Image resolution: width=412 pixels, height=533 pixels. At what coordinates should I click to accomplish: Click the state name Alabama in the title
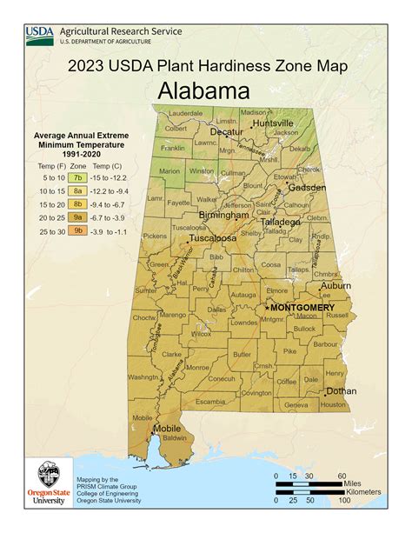204,90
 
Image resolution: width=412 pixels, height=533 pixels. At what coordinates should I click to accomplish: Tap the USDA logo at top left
40,35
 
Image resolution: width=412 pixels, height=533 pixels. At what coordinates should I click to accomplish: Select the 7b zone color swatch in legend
78,176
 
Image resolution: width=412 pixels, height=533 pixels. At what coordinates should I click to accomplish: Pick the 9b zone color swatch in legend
78,231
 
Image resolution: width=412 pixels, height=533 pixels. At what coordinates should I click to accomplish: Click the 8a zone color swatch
78,190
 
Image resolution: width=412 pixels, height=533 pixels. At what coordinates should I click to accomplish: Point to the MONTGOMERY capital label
302,308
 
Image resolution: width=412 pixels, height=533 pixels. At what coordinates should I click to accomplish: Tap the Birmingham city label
223,215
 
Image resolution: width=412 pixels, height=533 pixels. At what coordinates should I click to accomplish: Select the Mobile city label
167,429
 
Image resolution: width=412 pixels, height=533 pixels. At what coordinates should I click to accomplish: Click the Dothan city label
341,390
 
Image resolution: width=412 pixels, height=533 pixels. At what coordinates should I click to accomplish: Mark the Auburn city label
336,285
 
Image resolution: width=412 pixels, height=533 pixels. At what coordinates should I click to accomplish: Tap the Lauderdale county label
186,114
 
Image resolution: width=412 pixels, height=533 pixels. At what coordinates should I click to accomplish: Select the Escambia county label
211,402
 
